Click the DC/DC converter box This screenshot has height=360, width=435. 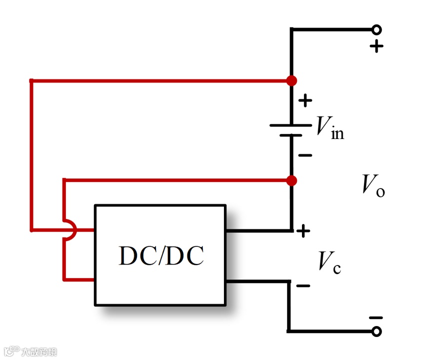(160, 255)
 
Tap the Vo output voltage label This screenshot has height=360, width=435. (373, 186)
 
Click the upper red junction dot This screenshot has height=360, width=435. (291, 80)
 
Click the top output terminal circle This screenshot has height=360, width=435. (376, 29)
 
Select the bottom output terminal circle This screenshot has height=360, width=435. (376, 331)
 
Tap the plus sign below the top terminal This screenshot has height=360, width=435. (376, 46)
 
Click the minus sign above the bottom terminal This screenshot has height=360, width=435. (375, 317)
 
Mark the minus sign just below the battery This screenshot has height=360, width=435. (305, 155)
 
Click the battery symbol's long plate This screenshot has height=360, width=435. (291, 124)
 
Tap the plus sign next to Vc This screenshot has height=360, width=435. (303, 230)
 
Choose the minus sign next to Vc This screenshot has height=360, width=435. (303, 285)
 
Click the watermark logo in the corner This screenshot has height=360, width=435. (30, 351)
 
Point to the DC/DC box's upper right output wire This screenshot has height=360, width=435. (257, 230)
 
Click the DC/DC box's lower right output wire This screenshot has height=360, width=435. (257, 281)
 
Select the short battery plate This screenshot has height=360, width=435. (291, 135)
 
